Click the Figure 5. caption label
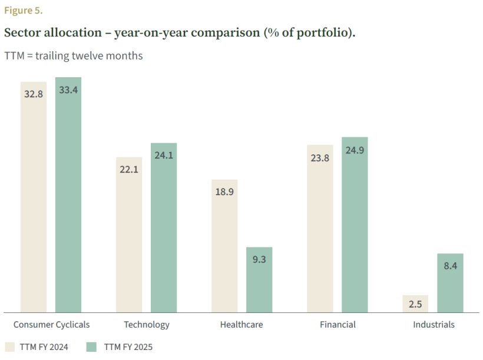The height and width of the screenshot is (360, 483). (x=23, y=11)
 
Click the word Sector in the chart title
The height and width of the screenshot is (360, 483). (x=22, y=32)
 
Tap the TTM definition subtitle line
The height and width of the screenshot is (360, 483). (x=74, y=56)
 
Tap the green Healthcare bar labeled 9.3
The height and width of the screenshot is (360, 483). (x=259, y=280)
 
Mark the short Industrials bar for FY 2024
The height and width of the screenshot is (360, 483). (x=415, y=304)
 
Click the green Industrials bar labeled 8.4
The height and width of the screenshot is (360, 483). (x=450, y=283)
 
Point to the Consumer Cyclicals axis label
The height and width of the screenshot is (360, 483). (x=51, y=325)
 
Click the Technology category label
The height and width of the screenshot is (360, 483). (x=147, y=325)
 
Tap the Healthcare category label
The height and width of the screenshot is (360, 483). (x=241, y=325)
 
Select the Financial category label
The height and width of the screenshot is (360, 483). (x=338, y=325)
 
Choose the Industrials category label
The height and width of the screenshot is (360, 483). (x=434, y=325)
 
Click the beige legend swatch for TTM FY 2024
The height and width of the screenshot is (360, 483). (x=10, y=347)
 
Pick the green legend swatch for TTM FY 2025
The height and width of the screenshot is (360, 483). (x=92, y=347)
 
